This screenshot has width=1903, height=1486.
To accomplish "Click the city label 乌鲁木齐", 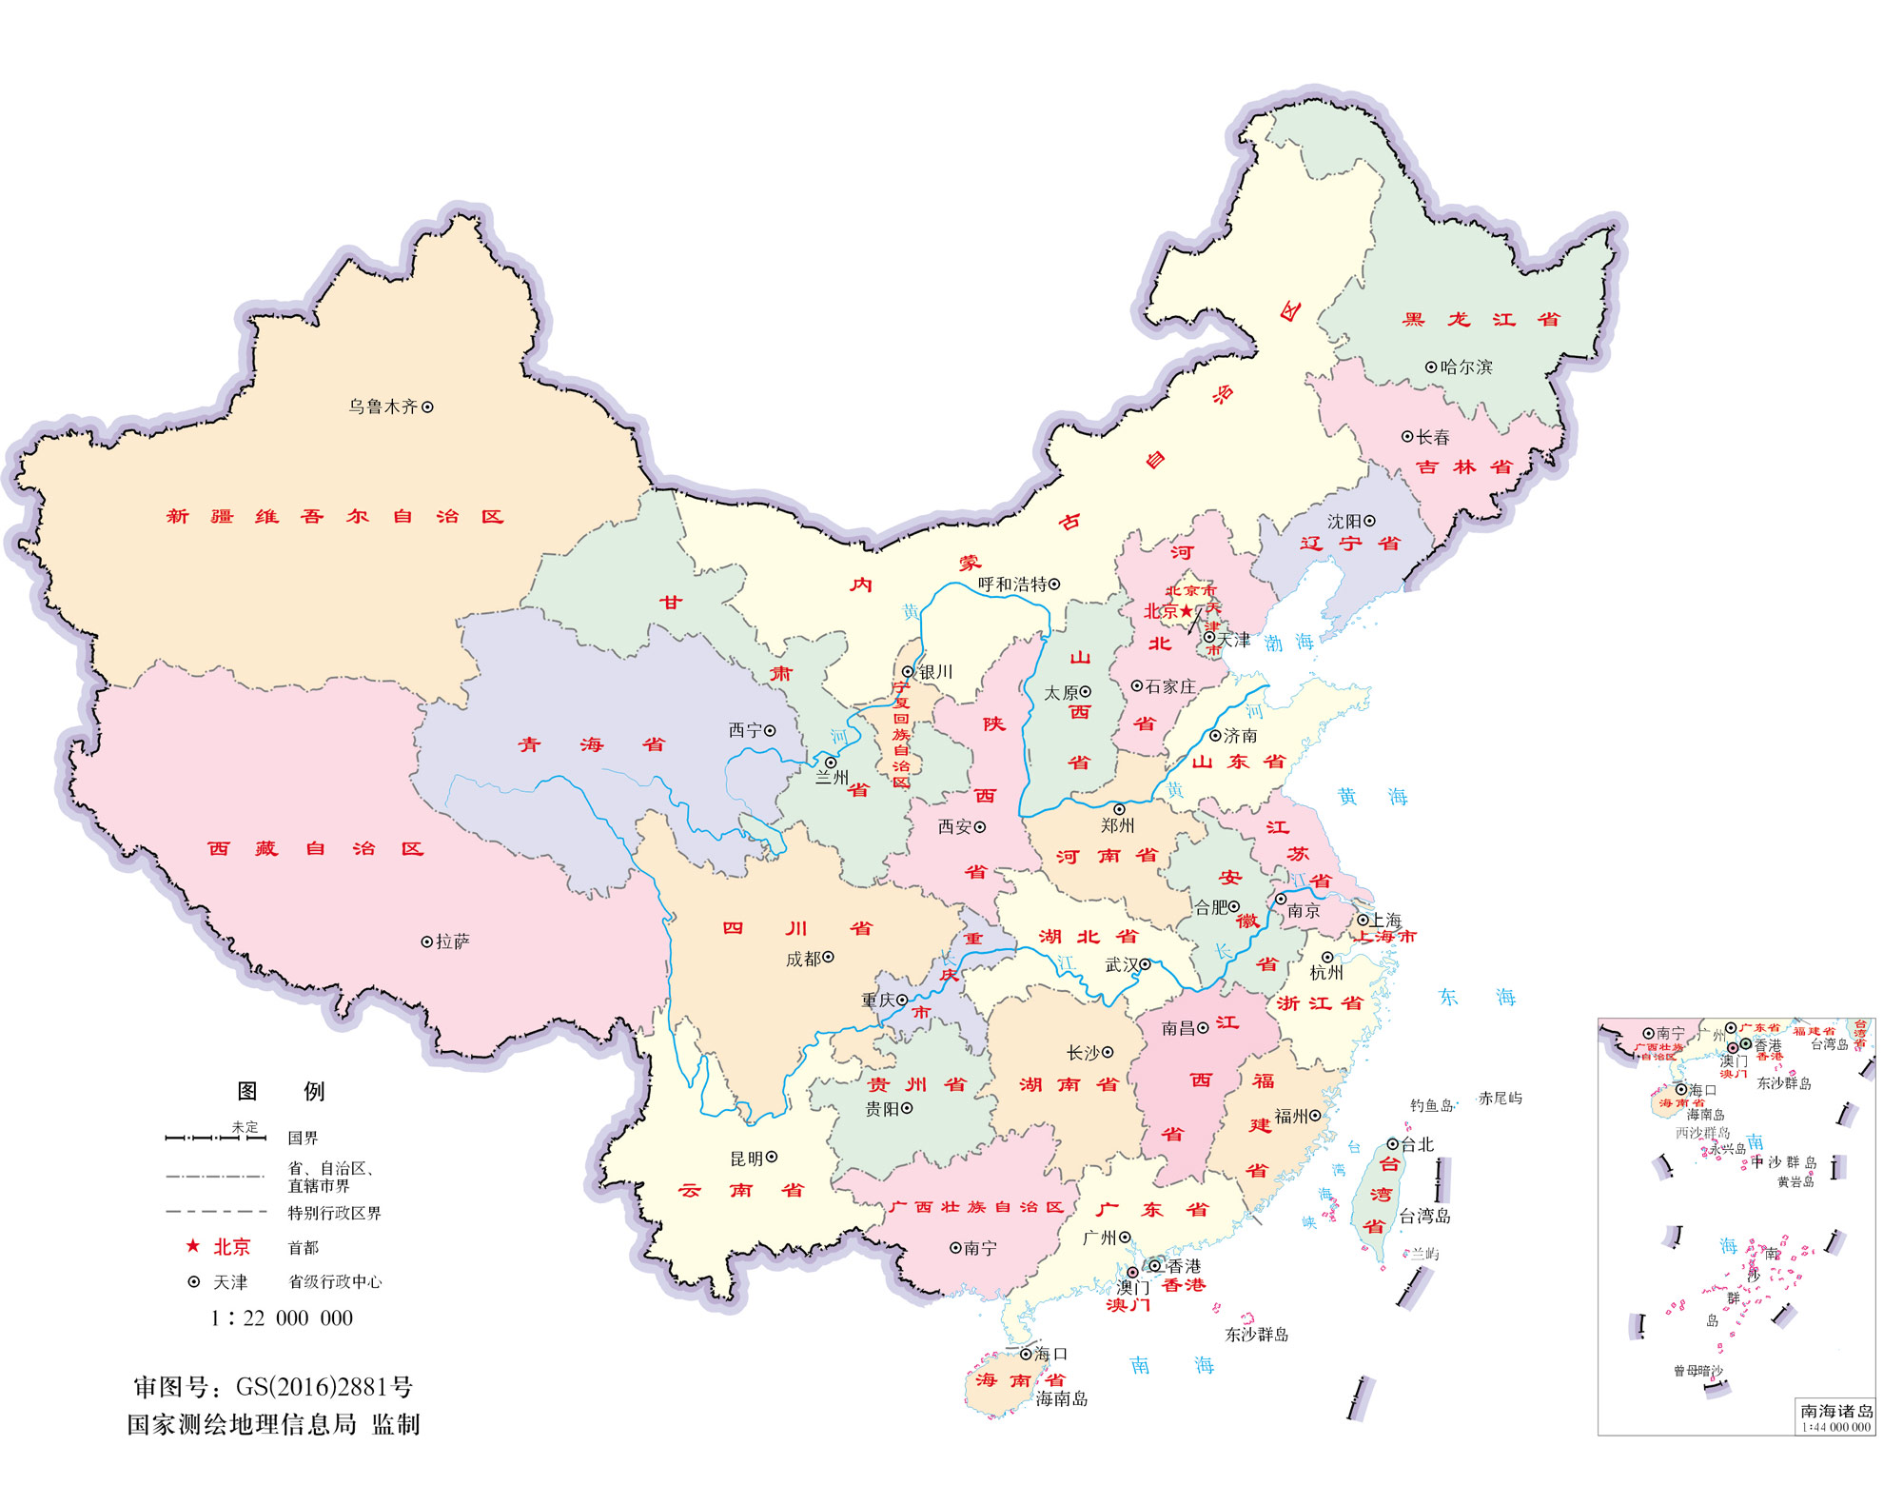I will [383, 406].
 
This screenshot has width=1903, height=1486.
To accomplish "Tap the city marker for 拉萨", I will [427, 941].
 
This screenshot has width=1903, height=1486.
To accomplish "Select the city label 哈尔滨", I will [1466, 367].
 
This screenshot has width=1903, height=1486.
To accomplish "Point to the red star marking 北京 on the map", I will [1187, 611].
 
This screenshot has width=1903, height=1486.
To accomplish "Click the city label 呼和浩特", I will [1012, 584].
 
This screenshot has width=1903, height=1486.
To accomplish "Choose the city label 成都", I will [803, 959].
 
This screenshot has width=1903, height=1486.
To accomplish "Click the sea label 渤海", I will [1288, 643].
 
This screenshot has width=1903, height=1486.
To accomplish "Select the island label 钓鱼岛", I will [1431, 1105].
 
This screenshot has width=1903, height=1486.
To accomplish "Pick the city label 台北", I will [1417, 1144].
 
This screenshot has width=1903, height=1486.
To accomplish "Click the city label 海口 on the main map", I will [1050, 1354].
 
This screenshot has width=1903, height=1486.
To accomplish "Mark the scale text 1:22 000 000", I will [282, 1318].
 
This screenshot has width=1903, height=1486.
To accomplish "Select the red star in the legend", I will [193, 1246].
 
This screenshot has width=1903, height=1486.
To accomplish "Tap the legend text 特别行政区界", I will [334, 1213].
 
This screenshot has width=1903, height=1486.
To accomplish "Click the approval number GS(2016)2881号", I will [324, 1386].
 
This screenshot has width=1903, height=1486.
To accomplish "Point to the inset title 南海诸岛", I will [1836, 1411].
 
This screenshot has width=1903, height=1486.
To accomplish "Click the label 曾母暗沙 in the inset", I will [1697, 1371].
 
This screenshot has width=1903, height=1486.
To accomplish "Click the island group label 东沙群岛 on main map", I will [1256, 1335].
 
